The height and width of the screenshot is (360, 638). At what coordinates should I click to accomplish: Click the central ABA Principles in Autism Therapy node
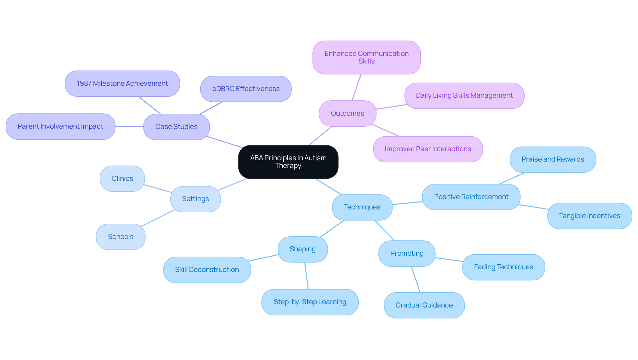[x=288, y=162]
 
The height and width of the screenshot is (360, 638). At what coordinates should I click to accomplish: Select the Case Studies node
[x=176, y=127]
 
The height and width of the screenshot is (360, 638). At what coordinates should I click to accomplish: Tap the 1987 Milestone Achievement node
[x=122, y=83]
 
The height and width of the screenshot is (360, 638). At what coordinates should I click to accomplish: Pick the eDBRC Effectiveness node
[x=246, y=89]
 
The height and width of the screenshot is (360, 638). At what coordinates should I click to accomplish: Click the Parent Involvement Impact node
[x=60, y=126]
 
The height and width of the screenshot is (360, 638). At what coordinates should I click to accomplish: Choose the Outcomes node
[x=347, y=113]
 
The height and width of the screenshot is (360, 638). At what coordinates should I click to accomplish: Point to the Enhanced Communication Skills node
[x=367, y=57]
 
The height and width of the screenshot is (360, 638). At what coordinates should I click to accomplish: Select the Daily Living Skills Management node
[x=464, y=96]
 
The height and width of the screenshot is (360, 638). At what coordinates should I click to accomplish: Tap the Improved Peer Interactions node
[x=428, y=149]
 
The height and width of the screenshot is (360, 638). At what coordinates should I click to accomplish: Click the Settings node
[x=195, y=199]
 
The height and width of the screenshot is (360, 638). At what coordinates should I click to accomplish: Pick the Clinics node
[x=122, y=179]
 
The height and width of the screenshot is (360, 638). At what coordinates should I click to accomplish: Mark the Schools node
[x=121, y=237]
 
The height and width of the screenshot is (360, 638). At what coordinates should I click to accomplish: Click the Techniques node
[x=362, y=207]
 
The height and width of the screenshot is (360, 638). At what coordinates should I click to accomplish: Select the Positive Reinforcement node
[x=471, y=197]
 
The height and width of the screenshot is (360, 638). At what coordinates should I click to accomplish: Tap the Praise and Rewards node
[x=553, y=159]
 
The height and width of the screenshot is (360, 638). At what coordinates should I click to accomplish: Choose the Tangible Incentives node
[x=589, y=216]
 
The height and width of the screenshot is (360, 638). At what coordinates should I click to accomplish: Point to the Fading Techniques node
[x=503, y=267]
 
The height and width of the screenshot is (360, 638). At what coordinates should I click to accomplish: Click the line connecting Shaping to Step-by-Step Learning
[x=307, y=276]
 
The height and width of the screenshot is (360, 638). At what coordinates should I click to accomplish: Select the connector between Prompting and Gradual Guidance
[x=416, y=279]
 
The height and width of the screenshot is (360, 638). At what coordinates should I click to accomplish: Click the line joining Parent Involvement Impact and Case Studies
[x=129, y=127]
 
